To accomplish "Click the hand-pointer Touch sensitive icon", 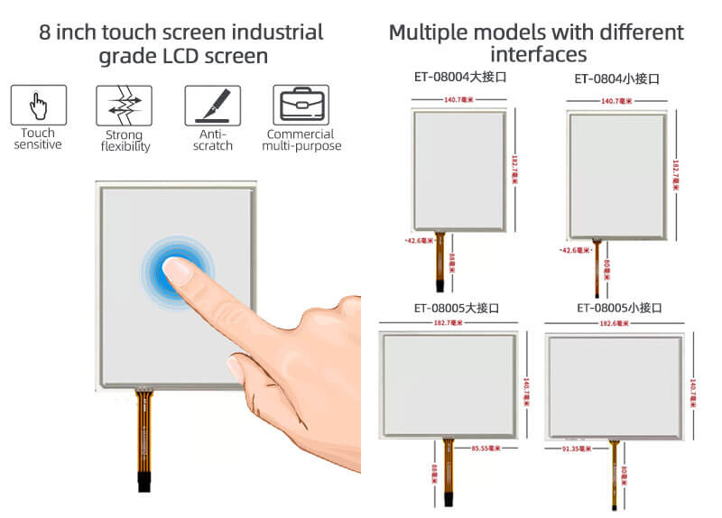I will tap(38, 105).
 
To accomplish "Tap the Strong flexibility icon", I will tap(124, 105).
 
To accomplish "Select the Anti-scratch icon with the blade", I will tap(212, 105).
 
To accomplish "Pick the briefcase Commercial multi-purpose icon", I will tap(301, 105).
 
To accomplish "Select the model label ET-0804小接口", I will tap(617, 79).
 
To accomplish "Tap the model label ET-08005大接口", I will tap(456, 308).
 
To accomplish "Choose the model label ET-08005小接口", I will tap(619, 308).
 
